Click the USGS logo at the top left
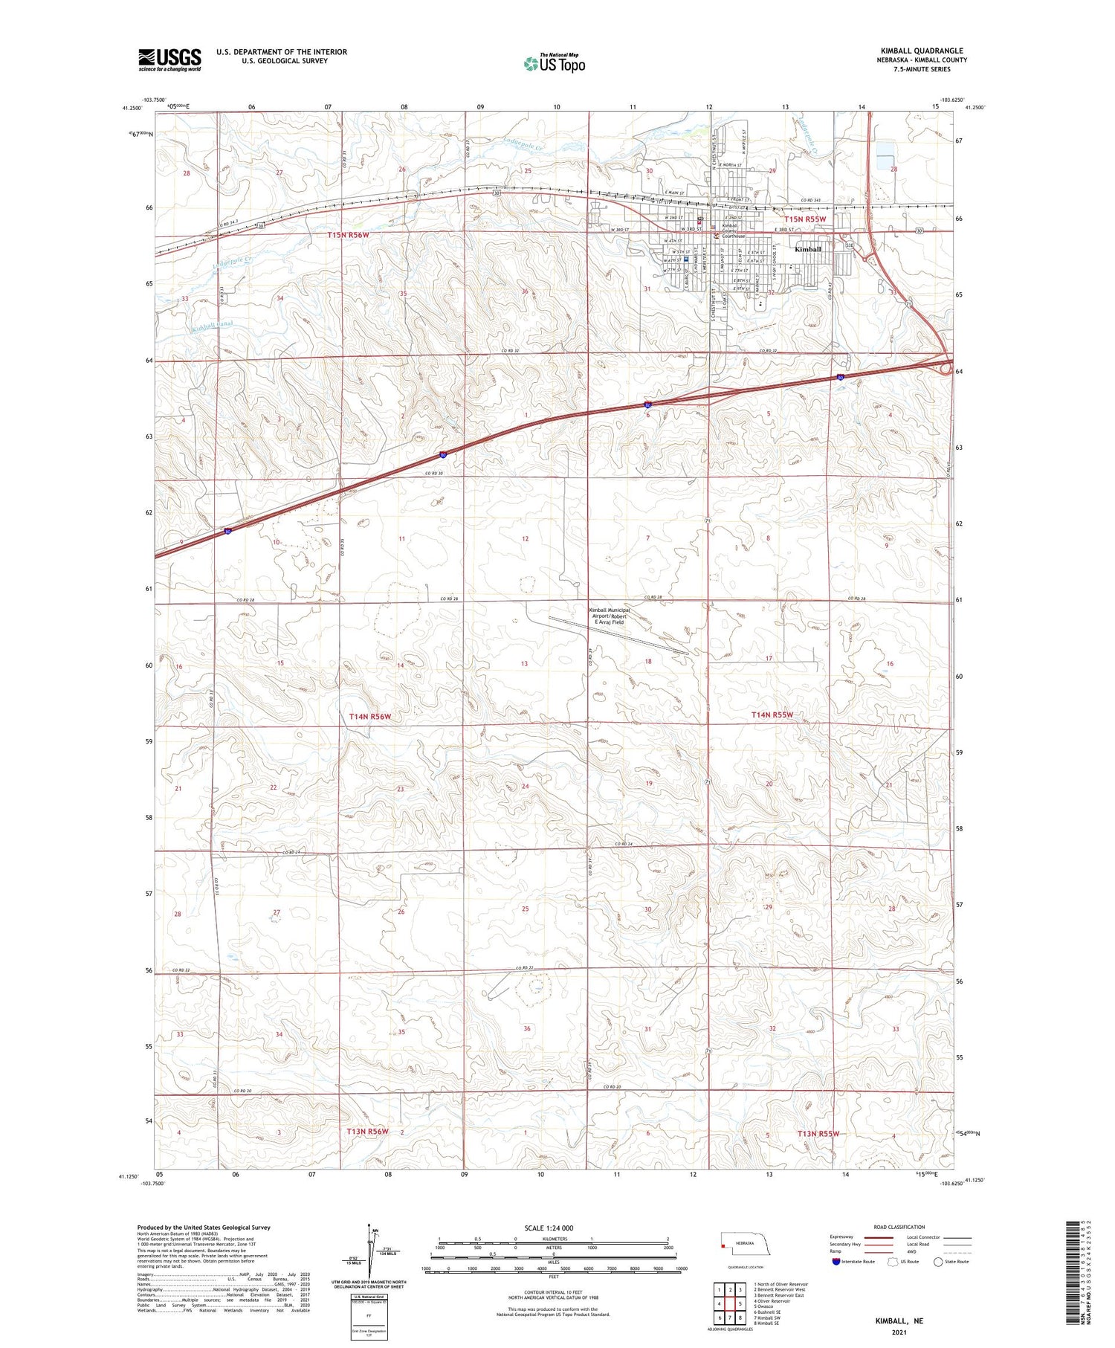169,59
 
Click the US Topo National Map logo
555,63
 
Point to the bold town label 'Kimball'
807,249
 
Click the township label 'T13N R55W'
818,1134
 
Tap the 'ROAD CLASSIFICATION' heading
899,1227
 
